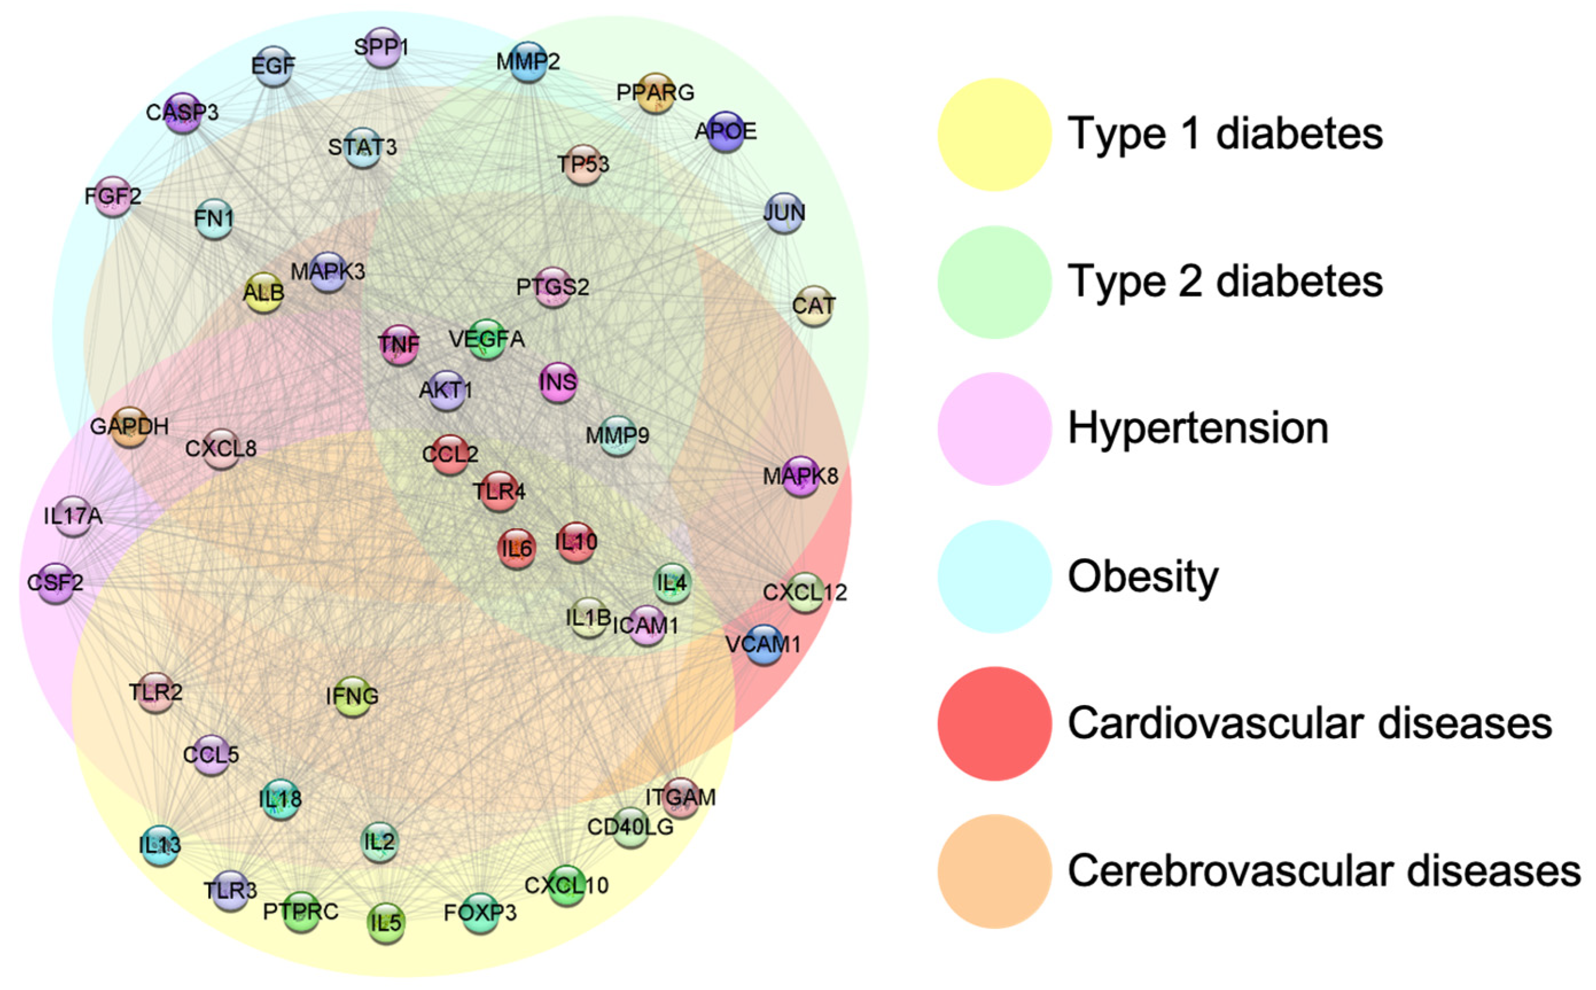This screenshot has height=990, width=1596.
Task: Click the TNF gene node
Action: coord(399,344)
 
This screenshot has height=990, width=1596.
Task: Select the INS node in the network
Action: coord(558,383)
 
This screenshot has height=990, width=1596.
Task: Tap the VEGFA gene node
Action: coord(486,339)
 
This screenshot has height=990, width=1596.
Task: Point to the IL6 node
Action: coord(517,548)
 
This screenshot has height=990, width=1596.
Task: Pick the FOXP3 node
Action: coord(481,913)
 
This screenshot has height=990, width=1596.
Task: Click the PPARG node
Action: coord(655,93)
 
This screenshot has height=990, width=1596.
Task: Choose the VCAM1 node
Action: coord(763,645)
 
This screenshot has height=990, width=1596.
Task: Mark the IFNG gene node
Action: coord(352,696)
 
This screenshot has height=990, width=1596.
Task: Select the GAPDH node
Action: coord(130,427)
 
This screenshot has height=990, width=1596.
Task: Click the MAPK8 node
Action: coord(800,476)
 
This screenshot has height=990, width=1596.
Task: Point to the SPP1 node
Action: coord(382,47)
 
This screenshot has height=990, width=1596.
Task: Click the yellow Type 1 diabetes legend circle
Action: coord(994,134)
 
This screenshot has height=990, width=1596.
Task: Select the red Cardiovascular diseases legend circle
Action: coord(994,723)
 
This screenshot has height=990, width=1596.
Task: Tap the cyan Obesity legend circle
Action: coord(994,576)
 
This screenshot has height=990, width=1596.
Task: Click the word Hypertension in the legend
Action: coord(1198,429)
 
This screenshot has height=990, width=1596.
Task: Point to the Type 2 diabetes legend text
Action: coord(1225,282)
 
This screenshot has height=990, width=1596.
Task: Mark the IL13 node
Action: coord(160,845)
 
